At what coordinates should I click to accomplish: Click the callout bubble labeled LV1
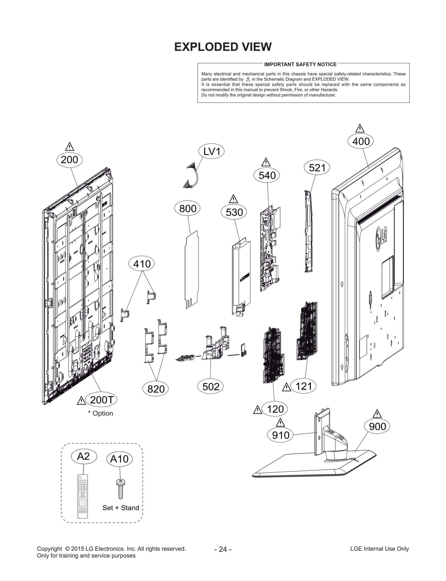[x=211, y=152]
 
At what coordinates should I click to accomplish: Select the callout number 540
[x=267, y=176]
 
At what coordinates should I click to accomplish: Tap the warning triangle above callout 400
[x=360, y=129]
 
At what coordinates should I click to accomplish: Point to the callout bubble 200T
[x=101, y=400]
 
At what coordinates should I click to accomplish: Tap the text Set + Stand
[x=120, y=508]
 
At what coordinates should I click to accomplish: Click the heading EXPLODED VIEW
[x=223, y=47]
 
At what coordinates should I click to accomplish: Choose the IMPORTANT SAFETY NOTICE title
[x=300, y=64]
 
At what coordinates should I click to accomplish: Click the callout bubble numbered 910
[x=280, y=435]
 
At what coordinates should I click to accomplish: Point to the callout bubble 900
[x=377, y=426]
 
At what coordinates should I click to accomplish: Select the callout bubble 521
[x=317, y=168]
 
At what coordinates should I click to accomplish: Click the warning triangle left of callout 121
[x=286, y=388]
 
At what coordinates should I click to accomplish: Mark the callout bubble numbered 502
[x=210, y=387]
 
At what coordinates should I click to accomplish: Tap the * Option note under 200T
[x=100, y=413]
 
